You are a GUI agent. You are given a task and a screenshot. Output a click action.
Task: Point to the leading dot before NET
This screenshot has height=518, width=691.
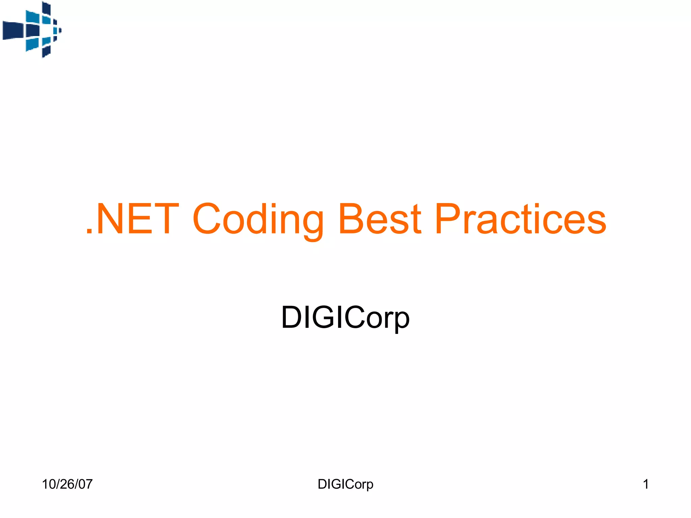coord(89,231)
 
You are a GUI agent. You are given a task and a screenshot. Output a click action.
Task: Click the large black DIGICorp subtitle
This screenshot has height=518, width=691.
coord(345,318)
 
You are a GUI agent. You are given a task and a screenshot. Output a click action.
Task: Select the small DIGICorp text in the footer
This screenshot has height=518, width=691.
coord(345,484)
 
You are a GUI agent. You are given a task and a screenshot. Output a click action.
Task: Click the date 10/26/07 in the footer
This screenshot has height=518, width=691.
coord(67,484)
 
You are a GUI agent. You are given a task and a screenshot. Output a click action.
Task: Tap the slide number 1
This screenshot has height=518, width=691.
coord(646,484)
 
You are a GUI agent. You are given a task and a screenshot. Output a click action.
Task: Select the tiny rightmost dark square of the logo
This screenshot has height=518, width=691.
coord(60,30)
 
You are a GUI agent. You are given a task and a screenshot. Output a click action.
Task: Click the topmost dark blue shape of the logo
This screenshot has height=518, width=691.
coord(46,8)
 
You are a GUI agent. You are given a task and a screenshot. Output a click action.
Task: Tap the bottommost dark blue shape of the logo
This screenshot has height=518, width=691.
coord(46,51)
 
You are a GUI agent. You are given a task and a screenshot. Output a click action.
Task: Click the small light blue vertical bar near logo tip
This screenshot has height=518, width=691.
coord(55,30)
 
